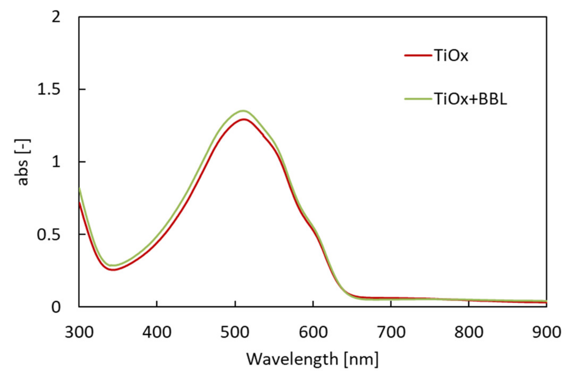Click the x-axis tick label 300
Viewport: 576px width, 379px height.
pos(79,332)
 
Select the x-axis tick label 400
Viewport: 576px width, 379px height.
pos(157,332)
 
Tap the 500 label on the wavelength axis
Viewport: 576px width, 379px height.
pos(235,332)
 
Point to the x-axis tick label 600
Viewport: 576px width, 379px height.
pos(313,332)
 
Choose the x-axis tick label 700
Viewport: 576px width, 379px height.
pos(391,332)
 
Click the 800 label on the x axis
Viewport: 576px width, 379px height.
pos(469,332)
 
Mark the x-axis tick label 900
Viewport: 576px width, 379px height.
pos(547,332)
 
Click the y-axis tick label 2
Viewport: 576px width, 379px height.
pos(56,17)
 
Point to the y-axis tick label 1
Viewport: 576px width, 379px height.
pos(56,162)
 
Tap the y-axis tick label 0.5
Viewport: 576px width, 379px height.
pos(49,235)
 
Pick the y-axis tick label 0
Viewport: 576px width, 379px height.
pos(56,307)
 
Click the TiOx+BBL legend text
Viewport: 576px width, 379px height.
pos(470,99)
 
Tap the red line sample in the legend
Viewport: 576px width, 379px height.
pos(418,55)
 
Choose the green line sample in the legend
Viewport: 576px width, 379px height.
pos(418,99)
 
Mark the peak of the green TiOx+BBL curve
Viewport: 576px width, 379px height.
pos(243,111)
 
